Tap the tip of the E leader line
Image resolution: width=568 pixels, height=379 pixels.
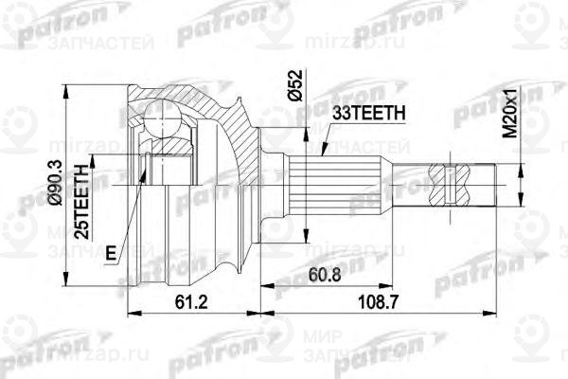click(143, 175)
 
